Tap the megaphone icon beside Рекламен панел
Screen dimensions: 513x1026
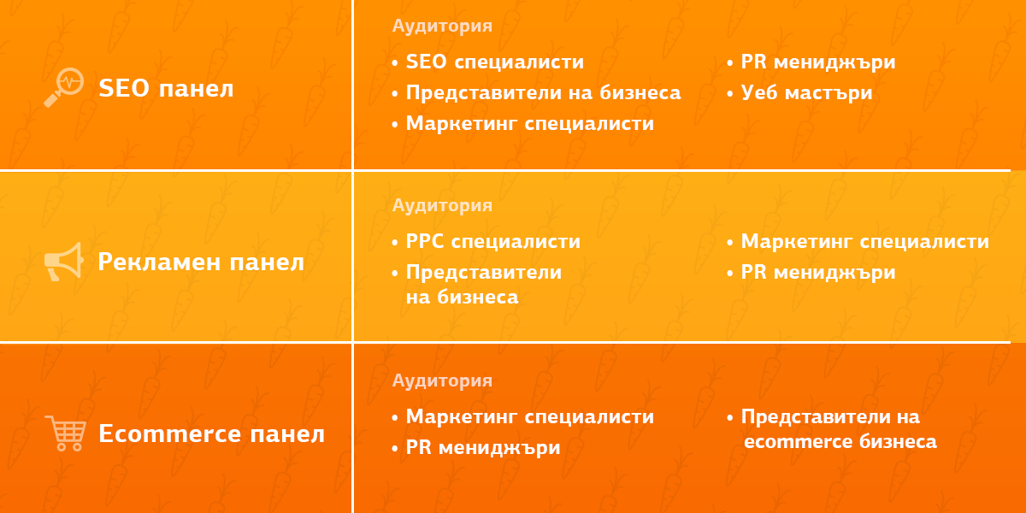[x=63, y=262]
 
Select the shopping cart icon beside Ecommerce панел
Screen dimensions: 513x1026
[x=65, y=433]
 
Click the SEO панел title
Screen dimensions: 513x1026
[x=166, y=88]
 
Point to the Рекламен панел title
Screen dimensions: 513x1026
[x=201, y=262]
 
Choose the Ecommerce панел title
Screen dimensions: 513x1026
[x=211, y=433]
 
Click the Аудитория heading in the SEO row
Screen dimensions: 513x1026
[x=442, y=26]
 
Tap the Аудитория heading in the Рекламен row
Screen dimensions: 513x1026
[x=442, y=205]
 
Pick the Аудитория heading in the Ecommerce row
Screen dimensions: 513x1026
[x=442, y=380]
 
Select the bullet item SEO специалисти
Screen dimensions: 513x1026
[x=494, y=62]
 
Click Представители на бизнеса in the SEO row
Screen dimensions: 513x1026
[x=543, y=92]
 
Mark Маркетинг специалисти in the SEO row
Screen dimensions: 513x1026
[x=529, y=123]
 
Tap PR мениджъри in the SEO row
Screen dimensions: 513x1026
[x=817, y=62]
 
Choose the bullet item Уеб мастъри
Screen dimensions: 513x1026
[x=806, y=92]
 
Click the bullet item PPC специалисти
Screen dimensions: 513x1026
[x=492, y=242]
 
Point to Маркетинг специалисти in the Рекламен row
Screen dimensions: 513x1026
[x=864, y=242]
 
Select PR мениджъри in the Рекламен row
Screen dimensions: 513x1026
[x=817, y=272]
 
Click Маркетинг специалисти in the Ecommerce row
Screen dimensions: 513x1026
[x=529, y=417]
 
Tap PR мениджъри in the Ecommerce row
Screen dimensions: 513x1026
[x=482, y=448]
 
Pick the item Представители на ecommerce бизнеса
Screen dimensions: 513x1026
[x=838, y=429]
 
